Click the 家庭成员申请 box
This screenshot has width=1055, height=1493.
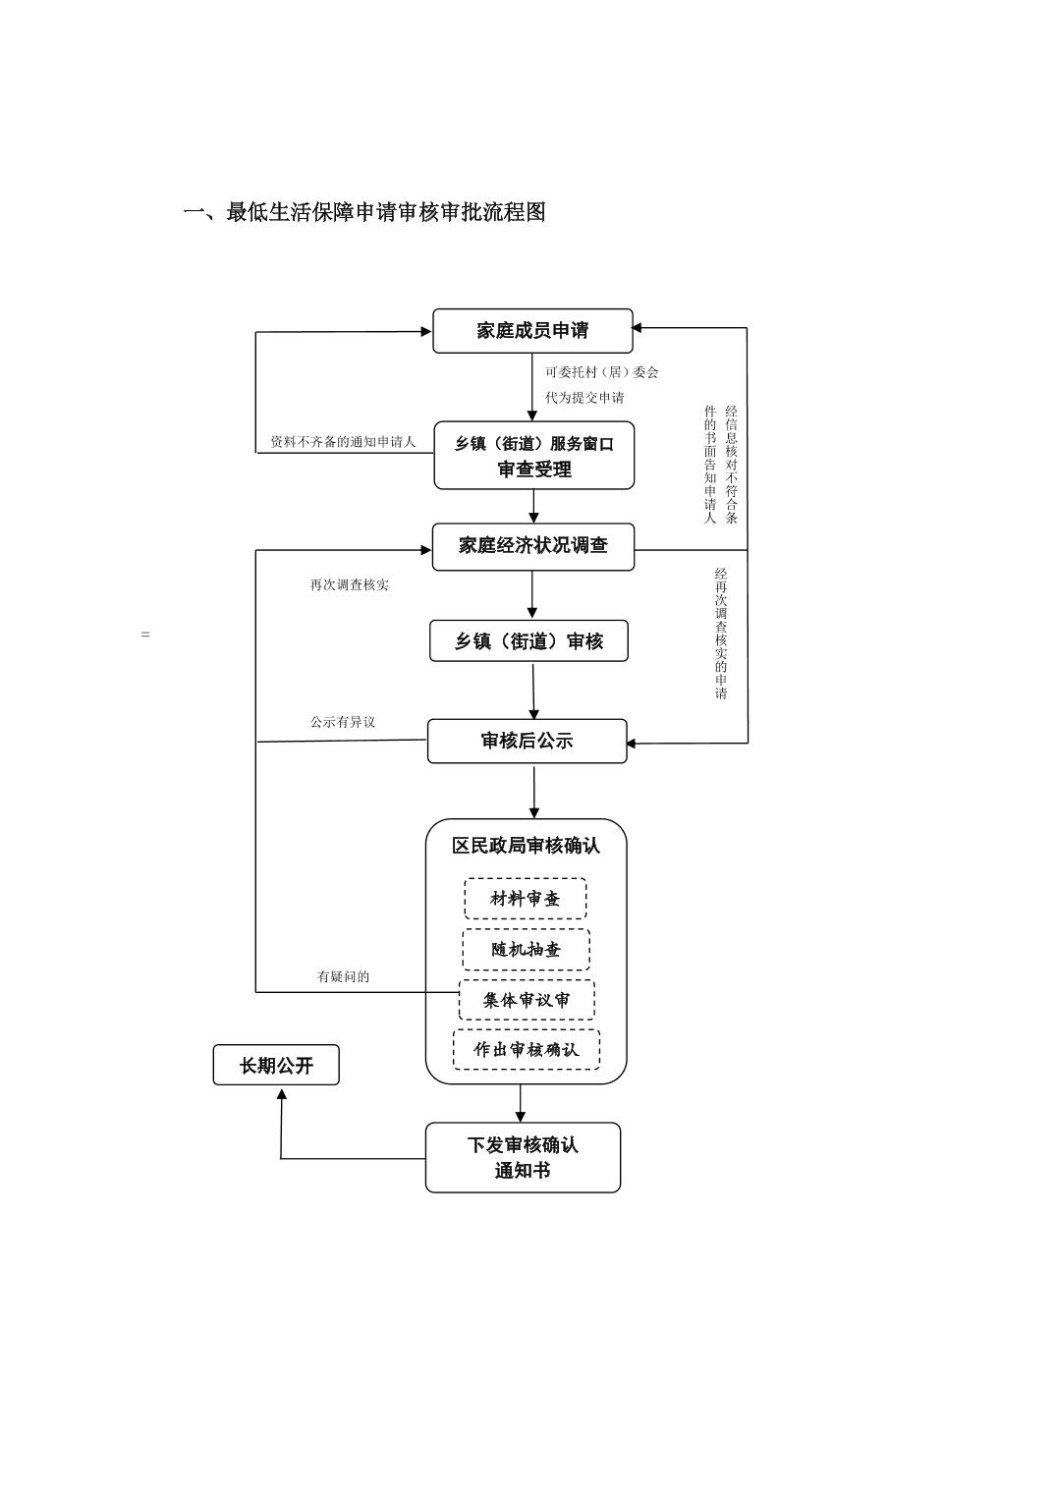point(532,331)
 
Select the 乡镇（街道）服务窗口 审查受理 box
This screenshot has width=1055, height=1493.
point(533,456)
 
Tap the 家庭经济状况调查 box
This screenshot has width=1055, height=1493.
point(532,546)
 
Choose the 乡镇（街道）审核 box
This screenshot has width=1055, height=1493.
point(528,641)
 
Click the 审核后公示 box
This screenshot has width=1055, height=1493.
point(527,742)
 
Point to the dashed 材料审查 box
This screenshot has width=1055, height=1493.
point(525,899)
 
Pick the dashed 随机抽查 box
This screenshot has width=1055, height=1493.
point(526,950)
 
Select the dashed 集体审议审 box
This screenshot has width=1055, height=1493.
point(527,1000)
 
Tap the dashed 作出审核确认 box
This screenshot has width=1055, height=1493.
point(526,1049)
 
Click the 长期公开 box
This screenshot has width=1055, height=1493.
point(276,1066)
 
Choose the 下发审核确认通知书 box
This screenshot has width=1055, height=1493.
point(523,1158)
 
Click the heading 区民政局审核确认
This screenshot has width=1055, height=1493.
point(526,846)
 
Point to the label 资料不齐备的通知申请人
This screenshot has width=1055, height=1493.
point(343,442)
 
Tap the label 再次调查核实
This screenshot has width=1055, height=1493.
point(349,585)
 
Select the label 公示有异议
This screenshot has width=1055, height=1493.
point(343,723)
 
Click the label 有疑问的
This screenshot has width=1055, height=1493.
point(343,977)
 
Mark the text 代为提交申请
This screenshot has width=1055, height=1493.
point(584,398)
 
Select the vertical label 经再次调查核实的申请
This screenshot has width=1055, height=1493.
point(721,634)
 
